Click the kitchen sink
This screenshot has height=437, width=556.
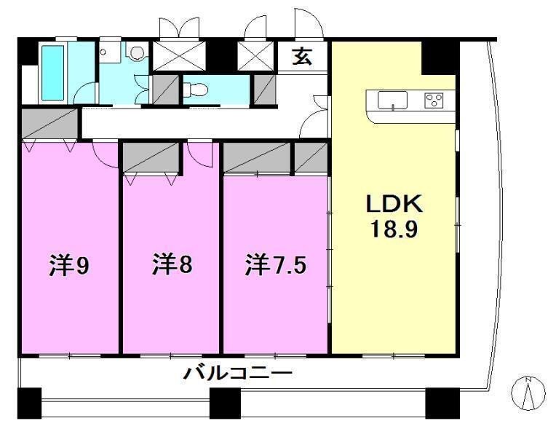tap(392, 101)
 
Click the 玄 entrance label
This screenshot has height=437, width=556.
tap(303, 56)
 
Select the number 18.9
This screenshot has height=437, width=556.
tap(394, 231)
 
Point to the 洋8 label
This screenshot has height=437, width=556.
tap(172, 265)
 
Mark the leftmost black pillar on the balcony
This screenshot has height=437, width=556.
tap(30, 402)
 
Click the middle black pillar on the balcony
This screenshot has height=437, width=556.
tap(225, 402)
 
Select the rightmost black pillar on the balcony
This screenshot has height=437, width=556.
tap(442, 401)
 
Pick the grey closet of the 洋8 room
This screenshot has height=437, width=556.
tap(151, 157)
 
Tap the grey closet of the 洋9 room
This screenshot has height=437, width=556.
tap(49, 123)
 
